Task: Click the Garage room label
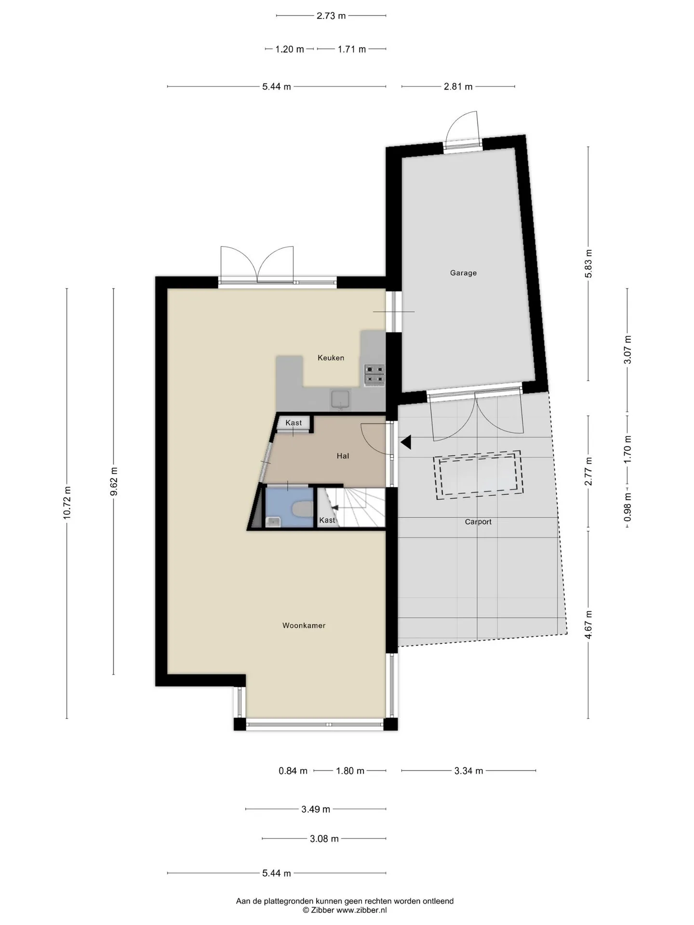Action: [x=463, y=273]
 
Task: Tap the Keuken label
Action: [x=331, y=357]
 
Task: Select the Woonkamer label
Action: [x=304, y=625]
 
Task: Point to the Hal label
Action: [x=343, y=456]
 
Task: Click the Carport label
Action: [x=478, y=522]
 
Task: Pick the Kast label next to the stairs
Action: [x=327, y=520]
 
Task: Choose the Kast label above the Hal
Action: [x=294, y=423]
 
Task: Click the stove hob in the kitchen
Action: [x=374, y=374]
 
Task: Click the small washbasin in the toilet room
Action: [x=274, y=522]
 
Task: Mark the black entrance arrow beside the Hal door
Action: [x=406, y=442]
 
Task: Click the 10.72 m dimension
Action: [x=67, y=503]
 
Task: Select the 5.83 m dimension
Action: [x=588, y=264]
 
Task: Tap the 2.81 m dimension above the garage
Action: [x=458, y=87]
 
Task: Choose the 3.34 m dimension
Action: [x=468, y=771]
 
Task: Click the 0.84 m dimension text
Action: [x=293, y=771]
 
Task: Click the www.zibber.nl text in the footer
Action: [x=361, y=910]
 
